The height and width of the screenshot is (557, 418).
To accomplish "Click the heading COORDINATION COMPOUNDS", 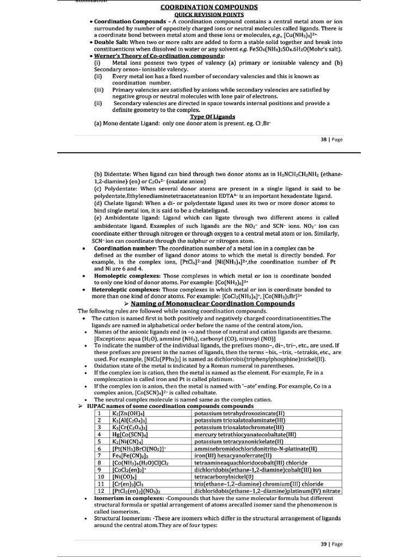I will (209, 7).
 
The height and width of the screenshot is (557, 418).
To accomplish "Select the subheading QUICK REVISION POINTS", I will (209, 14).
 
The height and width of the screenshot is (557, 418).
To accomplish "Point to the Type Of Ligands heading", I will (212, 116).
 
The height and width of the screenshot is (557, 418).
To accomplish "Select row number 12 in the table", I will (100, 491).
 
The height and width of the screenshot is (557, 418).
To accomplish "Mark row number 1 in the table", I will (100, 413).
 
